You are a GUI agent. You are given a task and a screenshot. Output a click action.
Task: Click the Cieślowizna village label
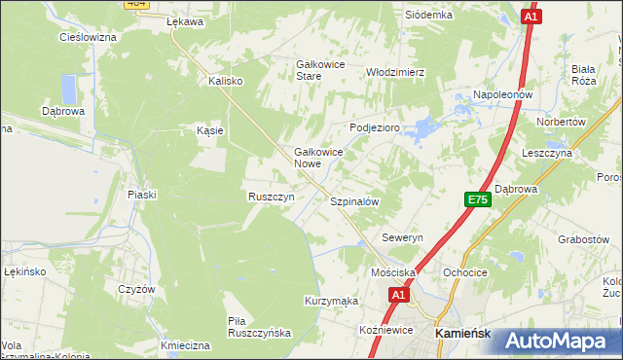coord(88,37)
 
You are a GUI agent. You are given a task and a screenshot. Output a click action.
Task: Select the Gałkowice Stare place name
coord(322,69)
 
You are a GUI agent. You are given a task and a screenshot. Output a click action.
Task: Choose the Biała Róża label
coord(584,75)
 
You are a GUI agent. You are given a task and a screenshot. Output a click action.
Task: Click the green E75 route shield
coord(478,199)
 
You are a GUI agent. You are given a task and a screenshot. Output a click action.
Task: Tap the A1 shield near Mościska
coord(398,293)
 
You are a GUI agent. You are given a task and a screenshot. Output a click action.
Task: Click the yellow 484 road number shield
coord(135,5)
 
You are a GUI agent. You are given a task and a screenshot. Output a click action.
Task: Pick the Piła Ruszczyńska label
coord(259,326)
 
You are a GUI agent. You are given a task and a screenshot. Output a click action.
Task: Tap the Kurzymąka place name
coord(332,302)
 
